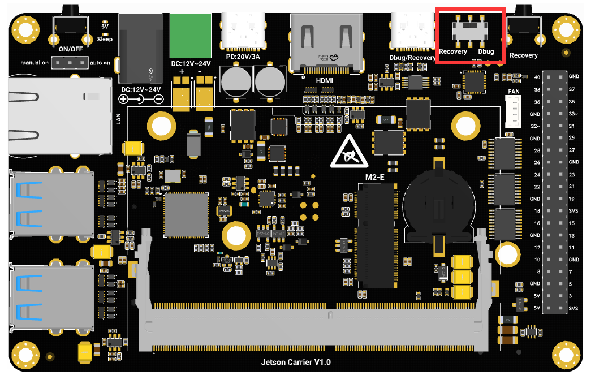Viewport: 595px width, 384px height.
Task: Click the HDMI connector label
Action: (x=324, y=80)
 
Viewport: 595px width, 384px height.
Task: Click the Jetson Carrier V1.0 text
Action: (x=296, y=361)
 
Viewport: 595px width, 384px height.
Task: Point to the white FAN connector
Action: (x=514, y=111)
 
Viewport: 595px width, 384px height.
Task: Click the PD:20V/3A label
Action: (x=243, y=57)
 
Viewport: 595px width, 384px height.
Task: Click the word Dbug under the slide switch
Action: (x=486, y=51)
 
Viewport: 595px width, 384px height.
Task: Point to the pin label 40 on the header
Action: (x=537, y=76)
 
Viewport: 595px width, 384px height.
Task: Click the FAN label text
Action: (x=513, y=90)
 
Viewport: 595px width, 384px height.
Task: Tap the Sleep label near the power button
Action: (x=104, y=39)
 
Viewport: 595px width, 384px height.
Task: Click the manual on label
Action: (x=35, y=62)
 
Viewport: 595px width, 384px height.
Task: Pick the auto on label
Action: (x=100, y=62)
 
